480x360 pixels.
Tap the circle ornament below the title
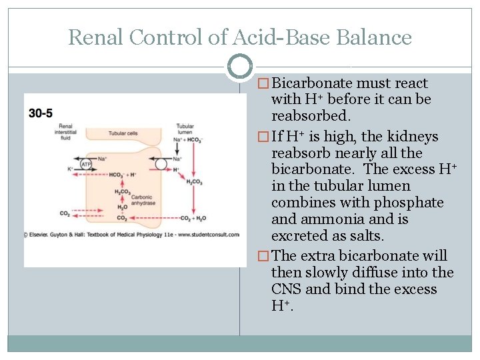click(x=240, y=66)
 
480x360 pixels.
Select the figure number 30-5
click(x=41, y=113)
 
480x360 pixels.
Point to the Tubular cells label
click(x=123, y=133)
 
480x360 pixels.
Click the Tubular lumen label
click(x=185, y=128)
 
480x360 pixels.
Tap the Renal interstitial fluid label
click(x=65, y=131)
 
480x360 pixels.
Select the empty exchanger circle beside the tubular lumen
click(x=160, y=164)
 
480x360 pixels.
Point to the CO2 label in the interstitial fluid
click(x=65, y=214)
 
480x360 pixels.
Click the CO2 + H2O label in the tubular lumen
click(x=194, y=218)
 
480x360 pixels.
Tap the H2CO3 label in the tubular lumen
click(x=194, y=182)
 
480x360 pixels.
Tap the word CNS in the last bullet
click(x=287, y=289)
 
